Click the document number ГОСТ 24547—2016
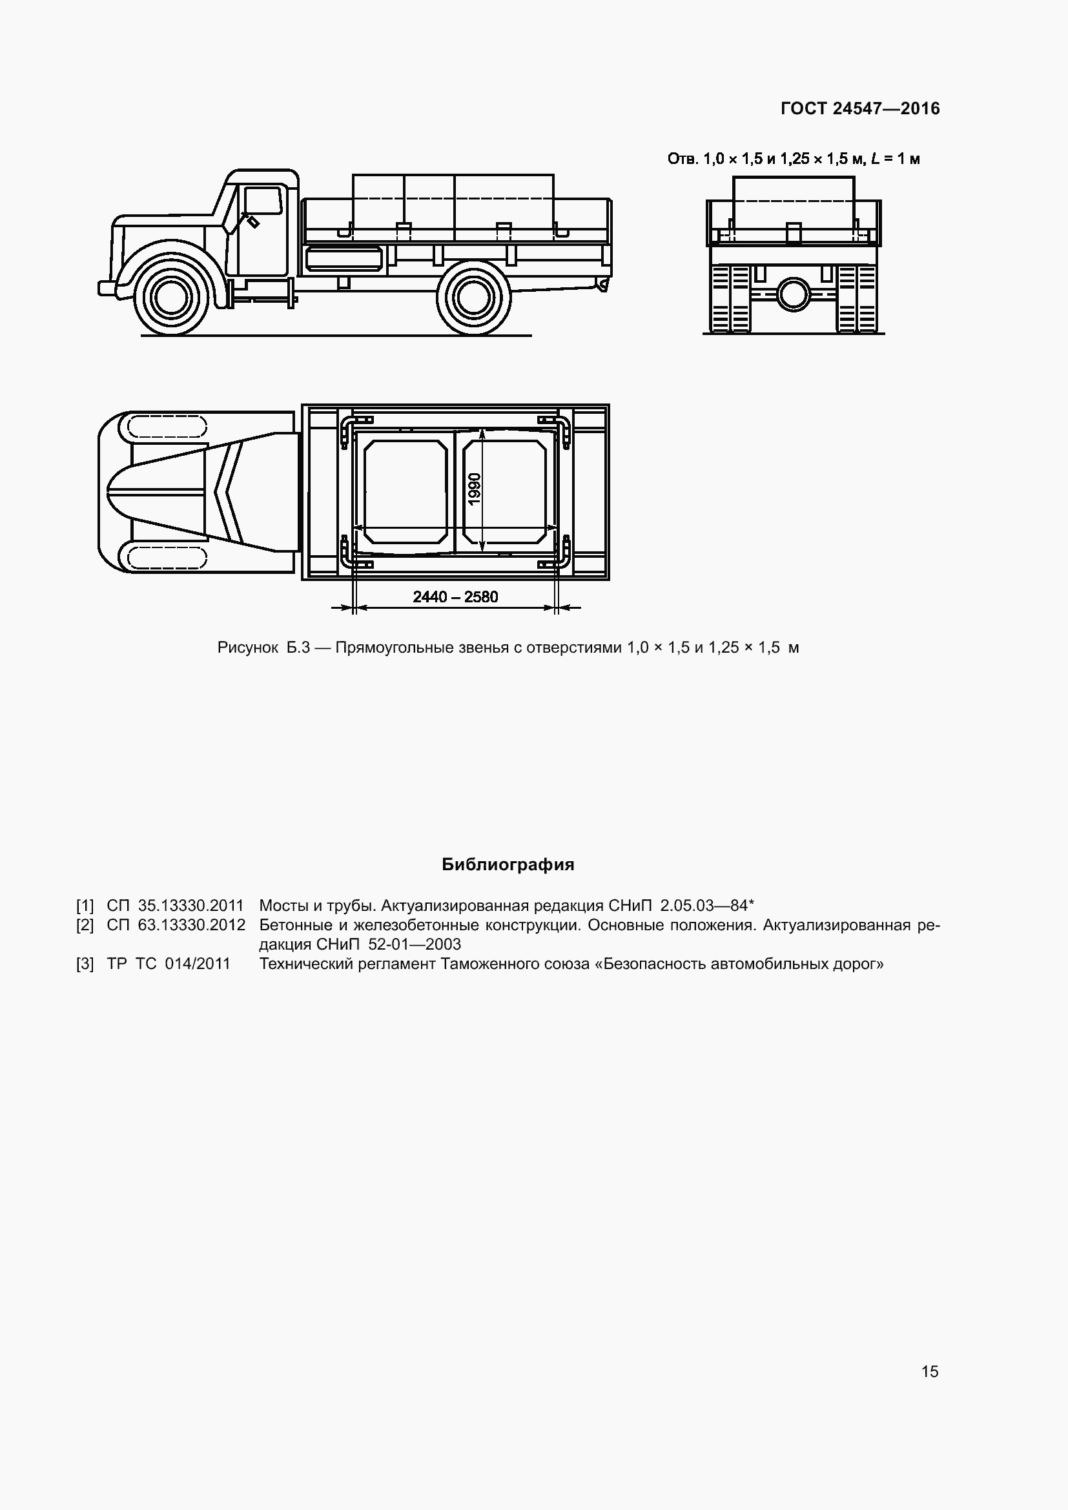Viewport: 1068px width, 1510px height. [860, 108]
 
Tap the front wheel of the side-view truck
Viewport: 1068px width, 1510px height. [170, 295]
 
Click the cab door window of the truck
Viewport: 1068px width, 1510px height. [262, 200]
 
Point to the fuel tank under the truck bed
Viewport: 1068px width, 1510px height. [344, 258]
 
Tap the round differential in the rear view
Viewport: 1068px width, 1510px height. [794, 294]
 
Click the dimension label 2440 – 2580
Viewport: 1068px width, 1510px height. [455, 597]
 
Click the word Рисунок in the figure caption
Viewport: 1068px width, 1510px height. [248, 648]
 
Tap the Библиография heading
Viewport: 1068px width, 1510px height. [508, 864]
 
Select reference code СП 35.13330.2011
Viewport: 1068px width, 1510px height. [175, 906]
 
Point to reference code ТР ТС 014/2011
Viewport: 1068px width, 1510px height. [169, 964]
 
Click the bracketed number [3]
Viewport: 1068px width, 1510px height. [85, 964]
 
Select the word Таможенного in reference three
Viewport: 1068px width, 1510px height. [486, 964]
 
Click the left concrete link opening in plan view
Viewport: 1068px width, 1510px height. [406, 491]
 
